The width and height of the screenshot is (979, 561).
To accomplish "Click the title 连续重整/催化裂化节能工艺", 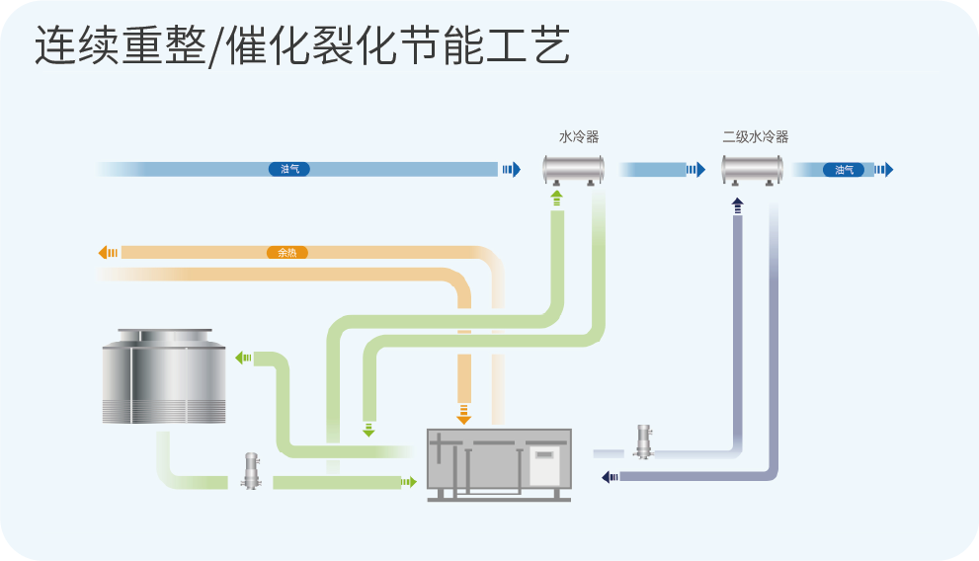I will (x=302, y=46).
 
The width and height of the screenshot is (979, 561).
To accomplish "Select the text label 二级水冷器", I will (x=755, y=137).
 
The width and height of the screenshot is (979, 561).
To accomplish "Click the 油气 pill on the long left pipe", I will (x=289, y=170).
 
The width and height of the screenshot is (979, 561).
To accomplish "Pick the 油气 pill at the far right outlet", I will (x=844, y=170).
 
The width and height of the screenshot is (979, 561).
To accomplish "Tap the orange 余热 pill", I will (x=286, y=253).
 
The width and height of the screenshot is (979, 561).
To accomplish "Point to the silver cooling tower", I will (x=158, y=376).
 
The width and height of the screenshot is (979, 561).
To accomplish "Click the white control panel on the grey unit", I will (x=545, y=465).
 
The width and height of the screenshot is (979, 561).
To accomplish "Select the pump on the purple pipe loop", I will (x=643, y=441).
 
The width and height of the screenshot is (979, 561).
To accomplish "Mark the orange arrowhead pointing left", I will (x=105, y=253).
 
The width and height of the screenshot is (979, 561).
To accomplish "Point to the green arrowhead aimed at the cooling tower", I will (x=241, y=358).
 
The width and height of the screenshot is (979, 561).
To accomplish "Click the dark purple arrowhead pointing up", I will (x=737, y=204).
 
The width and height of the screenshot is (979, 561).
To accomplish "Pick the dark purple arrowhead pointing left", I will (x=607, y=477).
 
